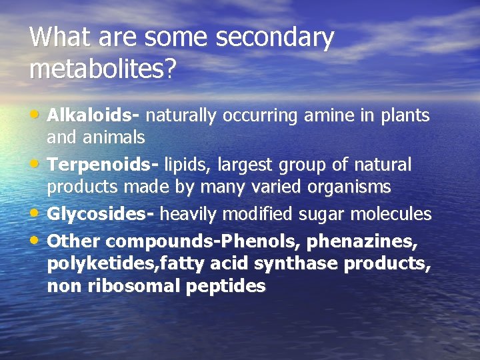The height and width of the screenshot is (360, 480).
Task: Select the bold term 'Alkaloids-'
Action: pos(93,115)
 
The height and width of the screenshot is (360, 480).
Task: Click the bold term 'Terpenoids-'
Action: pos(103,164)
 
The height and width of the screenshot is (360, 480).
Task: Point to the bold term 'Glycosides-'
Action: pos(101,214)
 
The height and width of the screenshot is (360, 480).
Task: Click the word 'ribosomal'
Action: pos(118,287)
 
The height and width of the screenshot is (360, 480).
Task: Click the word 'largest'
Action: pos(253,164)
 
